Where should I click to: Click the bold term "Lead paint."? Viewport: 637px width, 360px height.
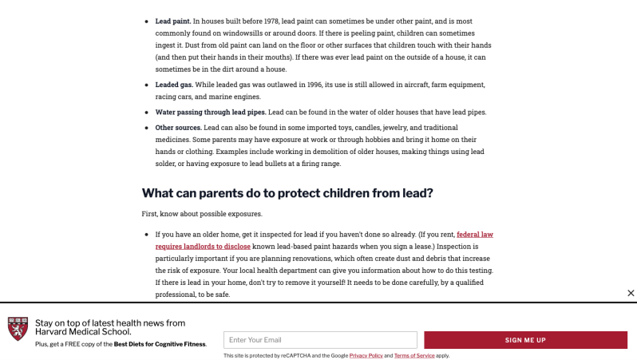(172, 21)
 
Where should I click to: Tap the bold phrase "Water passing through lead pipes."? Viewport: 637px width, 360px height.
(211, 112)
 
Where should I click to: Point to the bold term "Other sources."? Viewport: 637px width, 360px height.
(178, 127)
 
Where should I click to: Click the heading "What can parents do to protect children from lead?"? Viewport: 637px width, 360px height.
(287, 193)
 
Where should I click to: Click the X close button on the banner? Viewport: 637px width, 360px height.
(631, 293)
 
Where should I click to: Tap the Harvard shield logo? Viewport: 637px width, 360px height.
(18, 329)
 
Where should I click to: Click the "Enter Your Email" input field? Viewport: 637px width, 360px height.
(320, 340)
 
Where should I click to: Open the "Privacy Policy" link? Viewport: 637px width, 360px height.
(366, 355)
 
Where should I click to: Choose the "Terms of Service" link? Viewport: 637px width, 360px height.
(414, 355)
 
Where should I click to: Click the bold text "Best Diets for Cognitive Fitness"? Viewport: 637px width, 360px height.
(160, 344)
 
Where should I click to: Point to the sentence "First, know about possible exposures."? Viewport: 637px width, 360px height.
(201, 214)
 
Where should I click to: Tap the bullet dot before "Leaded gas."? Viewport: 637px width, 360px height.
(146, 85)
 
